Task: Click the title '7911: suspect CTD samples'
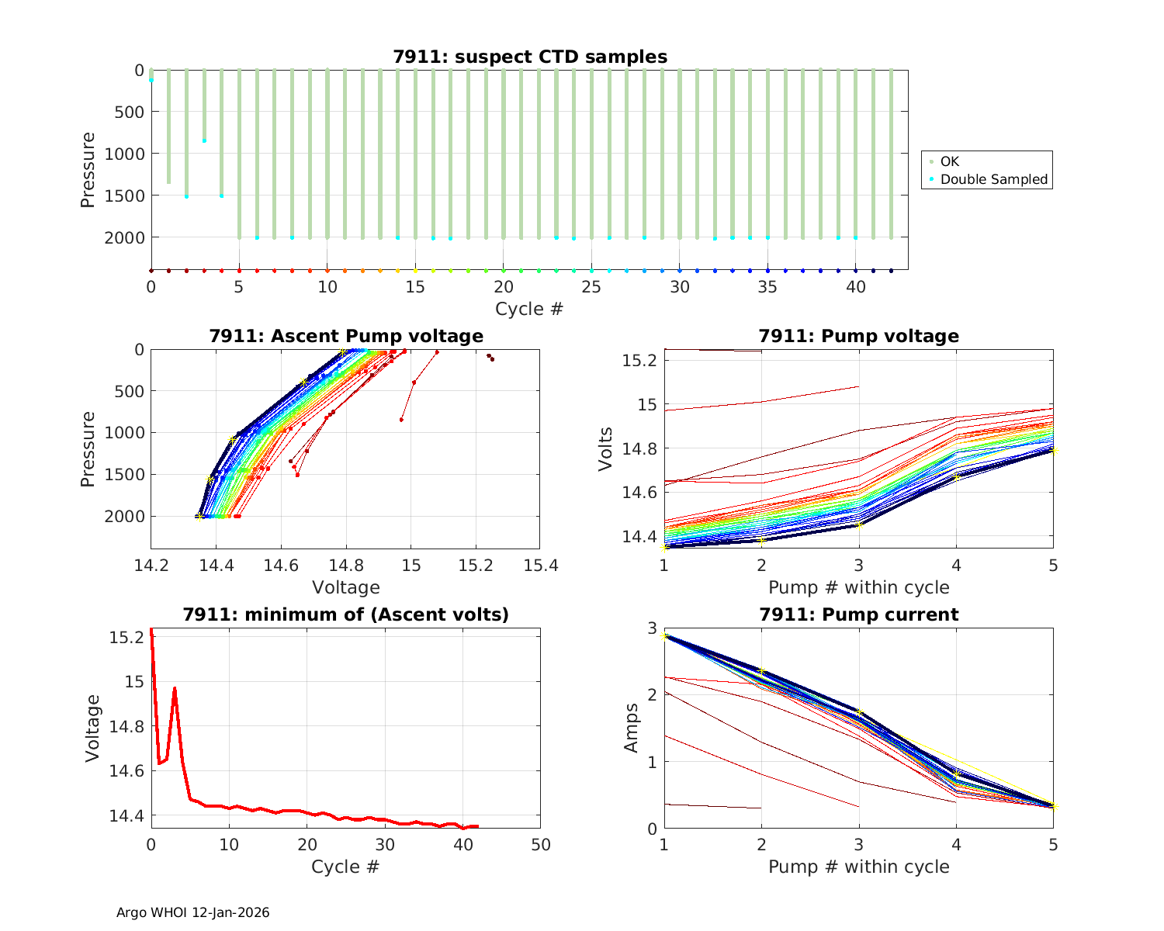click(x=530, y=57)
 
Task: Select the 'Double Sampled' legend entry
click(x=994, y=179)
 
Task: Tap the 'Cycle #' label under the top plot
click(x=529, y=309)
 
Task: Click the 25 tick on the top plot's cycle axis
click(x=592, y=287)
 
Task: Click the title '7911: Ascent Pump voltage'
click(x=346, y=336)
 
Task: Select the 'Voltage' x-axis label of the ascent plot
click(x=346, y=587)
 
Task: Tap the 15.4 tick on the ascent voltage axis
click(x=540, y=565)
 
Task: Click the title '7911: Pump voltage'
click(x=858, y=336)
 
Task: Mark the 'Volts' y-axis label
click(x=606, y=449)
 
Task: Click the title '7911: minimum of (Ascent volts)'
click(x=346, y=614)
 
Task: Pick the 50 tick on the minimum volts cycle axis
click(x=540, y=844)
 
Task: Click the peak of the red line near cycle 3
click(x=175, y=688)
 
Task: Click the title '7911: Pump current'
click(x=858, y=614)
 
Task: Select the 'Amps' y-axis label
click(x=632, y=728)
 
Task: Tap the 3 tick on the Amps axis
click(x=652, y=628)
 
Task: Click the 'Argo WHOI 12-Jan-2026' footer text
click(x=193, y=912)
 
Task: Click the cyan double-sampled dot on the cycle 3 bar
click(x=204, y=140)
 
